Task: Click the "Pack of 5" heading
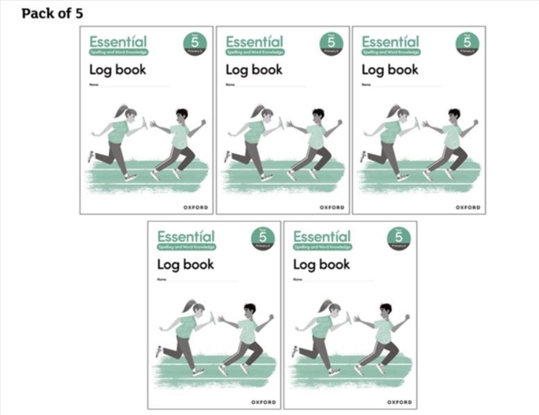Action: (52, 13)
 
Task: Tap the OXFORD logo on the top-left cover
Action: (196, 207)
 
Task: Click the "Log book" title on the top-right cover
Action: (389, 70)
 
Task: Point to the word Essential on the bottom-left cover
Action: (185, 236)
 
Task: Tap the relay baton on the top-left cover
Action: (144, 123)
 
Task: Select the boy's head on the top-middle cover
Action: (318, 114)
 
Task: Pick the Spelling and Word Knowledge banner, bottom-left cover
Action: (186, 247)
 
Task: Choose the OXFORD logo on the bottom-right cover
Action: (400, 402)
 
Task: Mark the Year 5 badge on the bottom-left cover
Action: (263, 239)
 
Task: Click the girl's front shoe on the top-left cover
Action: (130, 177)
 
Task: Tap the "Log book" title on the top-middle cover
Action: (254, 70)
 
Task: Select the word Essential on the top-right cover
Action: (390, 41)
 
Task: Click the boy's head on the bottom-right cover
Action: (385, 309)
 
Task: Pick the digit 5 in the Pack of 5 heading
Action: (78, 13)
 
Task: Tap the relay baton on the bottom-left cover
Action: (212, 317)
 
